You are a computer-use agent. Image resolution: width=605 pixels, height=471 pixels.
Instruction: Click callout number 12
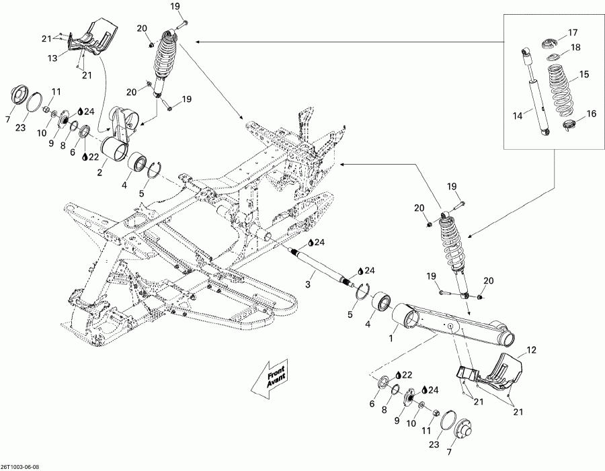point(531,349)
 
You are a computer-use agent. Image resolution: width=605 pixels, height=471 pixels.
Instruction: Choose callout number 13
point(71,58)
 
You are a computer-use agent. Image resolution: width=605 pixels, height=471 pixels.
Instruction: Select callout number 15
point(583,74)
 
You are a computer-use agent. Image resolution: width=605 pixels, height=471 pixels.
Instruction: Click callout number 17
point(573,33)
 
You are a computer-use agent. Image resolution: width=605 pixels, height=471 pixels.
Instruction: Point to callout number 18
point(575,48)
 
